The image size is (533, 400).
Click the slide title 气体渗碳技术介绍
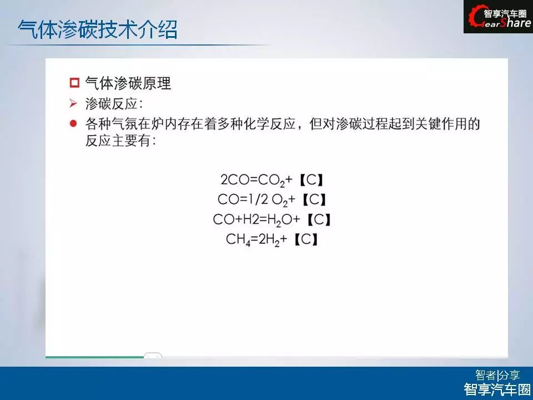pos(98,29)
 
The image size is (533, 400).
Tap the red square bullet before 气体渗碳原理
pos(74,83)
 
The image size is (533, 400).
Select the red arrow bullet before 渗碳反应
pos(73,103)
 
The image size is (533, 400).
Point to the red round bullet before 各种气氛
pos(73,123)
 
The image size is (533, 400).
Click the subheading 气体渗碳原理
pos(128,83)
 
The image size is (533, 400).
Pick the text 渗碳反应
pos(112,103)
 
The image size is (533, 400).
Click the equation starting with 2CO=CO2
pos(272,180)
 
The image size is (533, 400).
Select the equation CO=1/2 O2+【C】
pos(272,199)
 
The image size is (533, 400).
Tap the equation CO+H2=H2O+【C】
pos(272,220)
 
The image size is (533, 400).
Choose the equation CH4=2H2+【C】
pos(272,239)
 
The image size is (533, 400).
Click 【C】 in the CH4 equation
pos(306,239)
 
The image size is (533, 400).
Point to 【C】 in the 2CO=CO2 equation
pos(311,179)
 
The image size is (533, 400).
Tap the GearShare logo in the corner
pos(498,17)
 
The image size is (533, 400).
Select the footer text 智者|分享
pos(497,375)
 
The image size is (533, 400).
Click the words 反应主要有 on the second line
pos(118,141)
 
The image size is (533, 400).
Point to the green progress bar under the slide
pos(95,357)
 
